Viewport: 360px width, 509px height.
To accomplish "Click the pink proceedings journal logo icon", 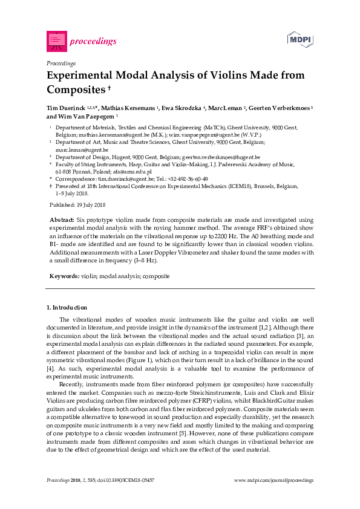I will tap(56, 41).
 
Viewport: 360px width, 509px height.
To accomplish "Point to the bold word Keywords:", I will tap(64, 276).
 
